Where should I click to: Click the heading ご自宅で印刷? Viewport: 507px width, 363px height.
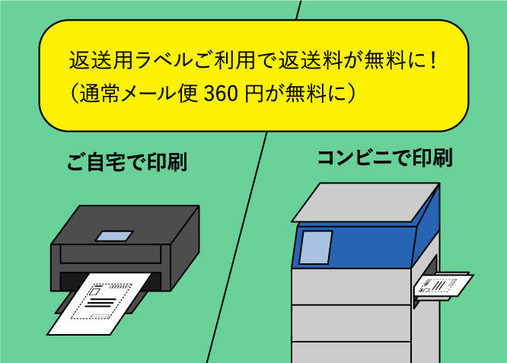point(127,163)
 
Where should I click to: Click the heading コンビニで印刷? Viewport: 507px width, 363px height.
point(384,158)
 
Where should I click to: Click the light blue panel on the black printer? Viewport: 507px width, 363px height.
point(115,234)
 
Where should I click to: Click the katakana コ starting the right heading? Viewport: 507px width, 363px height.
point(327,158)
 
